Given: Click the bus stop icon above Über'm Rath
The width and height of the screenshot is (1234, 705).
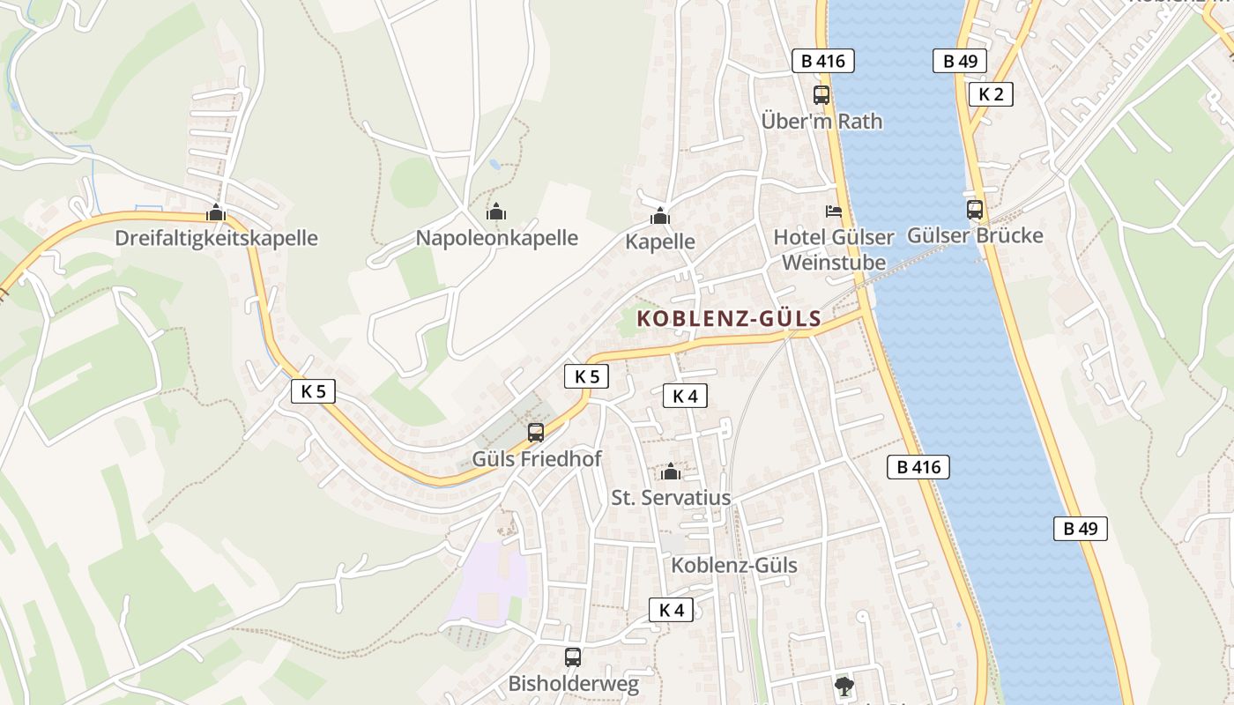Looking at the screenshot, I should click(821, 95).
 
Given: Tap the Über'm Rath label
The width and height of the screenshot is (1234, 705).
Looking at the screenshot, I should click(821, 122).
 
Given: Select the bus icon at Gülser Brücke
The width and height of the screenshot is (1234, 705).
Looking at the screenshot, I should click(974, 210).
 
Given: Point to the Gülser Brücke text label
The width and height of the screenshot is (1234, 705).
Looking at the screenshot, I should click(975, 236).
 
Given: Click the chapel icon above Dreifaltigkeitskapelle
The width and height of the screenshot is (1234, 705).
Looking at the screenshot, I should click(216, 212).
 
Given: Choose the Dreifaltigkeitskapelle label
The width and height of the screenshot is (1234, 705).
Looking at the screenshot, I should click(216, 239).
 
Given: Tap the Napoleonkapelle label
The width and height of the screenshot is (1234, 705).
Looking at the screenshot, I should click(497, 238).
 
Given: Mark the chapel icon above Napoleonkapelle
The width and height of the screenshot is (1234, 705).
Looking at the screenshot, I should click(496, 211).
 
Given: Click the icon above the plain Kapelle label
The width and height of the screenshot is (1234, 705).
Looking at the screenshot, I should click(660, 216).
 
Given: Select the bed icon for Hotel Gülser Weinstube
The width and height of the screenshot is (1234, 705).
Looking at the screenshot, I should click(833, 211).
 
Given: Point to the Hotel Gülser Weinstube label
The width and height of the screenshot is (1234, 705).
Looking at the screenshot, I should click(834, 250).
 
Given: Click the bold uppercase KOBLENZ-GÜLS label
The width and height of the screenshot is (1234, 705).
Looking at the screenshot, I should click(729, 319).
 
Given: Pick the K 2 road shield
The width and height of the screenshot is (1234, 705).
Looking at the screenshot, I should click(991, 94).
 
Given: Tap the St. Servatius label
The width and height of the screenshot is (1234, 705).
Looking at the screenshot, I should click(671, 498).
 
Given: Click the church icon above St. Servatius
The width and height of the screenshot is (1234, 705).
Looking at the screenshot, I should click(671, 471).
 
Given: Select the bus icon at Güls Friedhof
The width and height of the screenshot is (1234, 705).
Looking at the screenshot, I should click(536, 433).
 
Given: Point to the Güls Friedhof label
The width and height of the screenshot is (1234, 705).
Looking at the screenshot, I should click(537, 459).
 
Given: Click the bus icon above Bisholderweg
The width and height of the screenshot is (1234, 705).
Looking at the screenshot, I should click(573, 657).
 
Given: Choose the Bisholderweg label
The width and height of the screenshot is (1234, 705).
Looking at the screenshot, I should click(573, 683).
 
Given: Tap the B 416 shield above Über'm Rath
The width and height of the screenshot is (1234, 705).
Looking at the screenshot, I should click(822, 61).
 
